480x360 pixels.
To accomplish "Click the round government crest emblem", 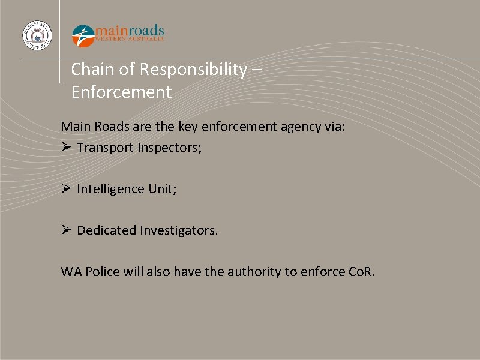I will click(37, 35).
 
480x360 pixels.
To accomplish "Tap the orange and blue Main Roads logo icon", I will click(83, 35).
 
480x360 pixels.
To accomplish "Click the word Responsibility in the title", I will click(193, 70).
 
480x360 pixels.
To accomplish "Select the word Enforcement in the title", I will click(121, 92).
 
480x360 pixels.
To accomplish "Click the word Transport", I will click(104, 148).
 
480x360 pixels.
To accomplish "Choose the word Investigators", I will click(179, 230).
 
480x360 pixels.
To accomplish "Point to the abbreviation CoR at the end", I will click(361, 272).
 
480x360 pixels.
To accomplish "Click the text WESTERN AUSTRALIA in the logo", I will click(130, 39).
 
